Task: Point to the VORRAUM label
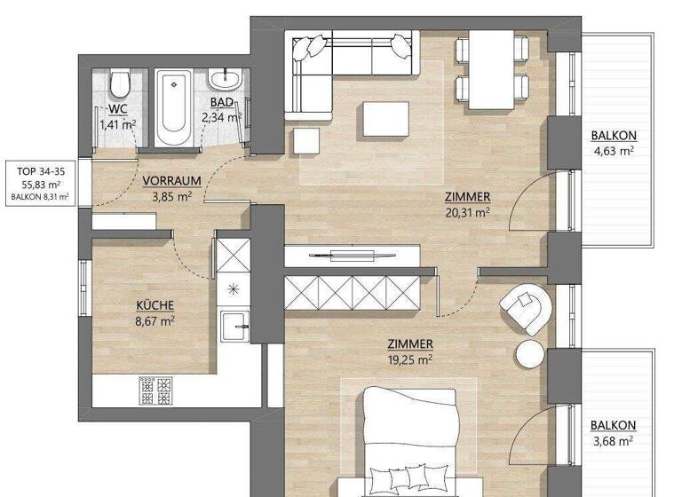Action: (171, 180)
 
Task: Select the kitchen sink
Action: (235, 327)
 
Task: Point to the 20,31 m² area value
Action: (468, 212)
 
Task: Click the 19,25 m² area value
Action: (410, 360)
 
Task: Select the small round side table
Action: (529, 353)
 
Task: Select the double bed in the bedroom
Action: (409, 444)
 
